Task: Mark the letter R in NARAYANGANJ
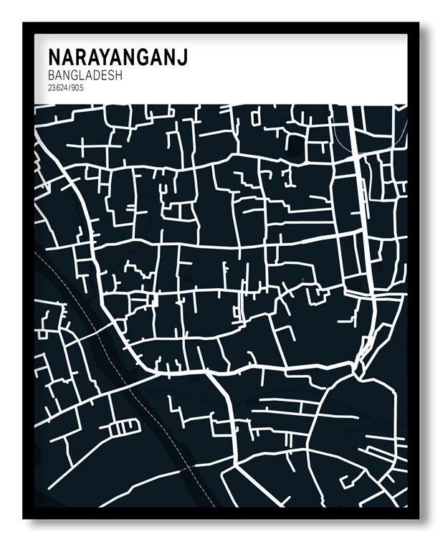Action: (x=80, y=57)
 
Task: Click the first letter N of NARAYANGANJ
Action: (x=54, y=57)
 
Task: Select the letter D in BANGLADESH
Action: (x=93, y=75)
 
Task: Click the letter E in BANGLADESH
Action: (x=101, y=75)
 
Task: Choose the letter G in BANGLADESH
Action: (x=72, y=75)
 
